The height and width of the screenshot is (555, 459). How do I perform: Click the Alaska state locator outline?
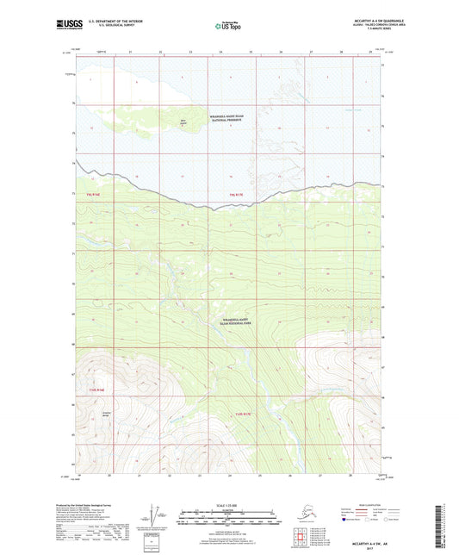[307, 512]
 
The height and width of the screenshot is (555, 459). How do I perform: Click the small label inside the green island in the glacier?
[183, 121]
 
